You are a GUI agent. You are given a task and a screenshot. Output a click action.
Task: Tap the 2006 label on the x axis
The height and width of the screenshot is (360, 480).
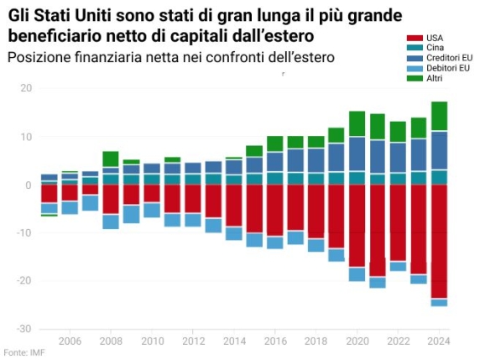click(70, 342)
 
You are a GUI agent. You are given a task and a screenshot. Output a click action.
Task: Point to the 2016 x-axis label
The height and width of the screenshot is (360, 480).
click(274, 342)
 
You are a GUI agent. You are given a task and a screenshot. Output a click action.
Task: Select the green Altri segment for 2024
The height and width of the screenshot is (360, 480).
click(439, 116)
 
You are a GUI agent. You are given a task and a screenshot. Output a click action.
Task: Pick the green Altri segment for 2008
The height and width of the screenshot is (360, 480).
click(111, 159)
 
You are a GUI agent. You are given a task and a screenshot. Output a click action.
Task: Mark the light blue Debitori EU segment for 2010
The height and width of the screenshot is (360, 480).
click(152, 210)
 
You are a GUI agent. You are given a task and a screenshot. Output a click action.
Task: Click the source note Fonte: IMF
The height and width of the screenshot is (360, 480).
click(24, 352)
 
